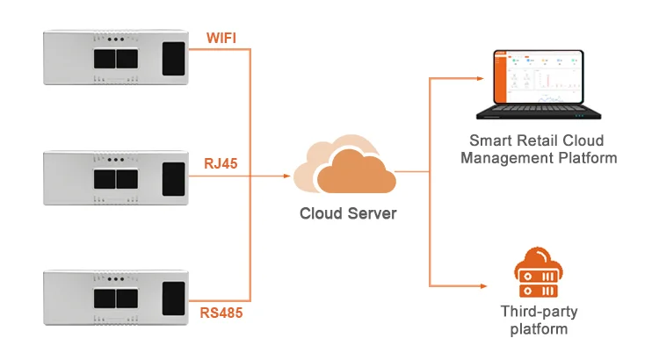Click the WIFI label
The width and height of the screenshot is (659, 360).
222,38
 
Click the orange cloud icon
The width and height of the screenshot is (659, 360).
344,169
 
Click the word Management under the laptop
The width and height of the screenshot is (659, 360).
504,158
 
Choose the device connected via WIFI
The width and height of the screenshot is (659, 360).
118,57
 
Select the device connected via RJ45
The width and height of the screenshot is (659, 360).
118,177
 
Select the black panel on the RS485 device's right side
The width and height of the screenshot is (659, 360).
176,297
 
